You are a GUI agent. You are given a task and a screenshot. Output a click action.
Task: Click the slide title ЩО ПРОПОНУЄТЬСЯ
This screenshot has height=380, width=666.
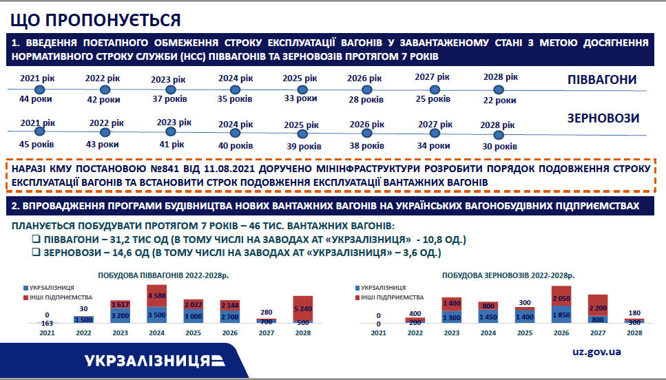click(96, 20)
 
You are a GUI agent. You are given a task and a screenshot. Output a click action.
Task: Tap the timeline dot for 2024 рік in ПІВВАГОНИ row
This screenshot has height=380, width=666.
click(235, 89)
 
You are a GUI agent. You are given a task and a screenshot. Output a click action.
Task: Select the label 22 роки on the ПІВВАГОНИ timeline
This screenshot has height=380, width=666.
click(499, 101)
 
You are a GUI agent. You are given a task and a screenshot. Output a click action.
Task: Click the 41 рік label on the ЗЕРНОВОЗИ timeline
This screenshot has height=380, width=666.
click(171, 145)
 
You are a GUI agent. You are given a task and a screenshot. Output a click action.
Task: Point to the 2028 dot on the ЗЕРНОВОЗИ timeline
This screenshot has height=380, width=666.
click(499, 135)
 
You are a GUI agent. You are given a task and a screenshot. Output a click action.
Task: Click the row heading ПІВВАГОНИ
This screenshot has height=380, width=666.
click(602, 79)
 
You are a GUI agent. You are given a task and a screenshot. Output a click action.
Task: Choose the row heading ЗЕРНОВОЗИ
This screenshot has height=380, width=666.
click(603, 118)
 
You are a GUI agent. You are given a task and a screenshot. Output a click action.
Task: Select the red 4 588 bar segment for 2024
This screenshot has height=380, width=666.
click(157, 296)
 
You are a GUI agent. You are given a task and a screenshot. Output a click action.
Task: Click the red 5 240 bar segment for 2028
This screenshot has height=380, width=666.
click(303, 308)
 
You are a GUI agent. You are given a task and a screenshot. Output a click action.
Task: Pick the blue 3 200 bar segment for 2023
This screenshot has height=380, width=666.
click(121, 315)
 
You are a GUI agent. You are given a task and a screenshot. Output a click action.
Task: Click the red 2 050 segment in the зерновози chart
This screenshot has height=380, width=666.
click(561, 296)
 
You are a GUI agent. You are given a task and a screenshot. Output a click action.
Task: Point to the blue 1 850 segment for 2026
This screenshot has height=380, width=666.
click(561, 315)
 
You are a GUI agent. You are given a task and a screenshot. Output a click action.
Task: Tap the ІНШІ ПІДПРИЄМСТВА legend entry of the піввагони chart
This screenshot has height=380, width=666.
click(58, 297)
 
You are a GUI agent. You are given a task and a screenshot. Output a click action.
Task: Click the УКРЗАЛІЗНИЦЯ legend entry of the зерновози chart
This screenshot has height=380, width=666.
click(381, 288)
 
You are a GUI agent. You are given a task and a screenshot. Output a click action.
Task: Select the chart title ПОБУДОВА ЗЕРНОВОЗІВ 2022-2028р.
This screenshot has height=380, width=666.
click(508, 275)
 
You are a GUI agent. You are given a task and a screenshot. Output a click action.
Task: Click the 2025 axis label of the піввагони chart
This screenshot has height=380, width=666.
click(194, 333)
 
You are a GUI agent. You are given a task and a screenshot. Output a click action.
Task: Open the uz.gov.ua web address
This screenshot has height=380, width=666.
click(596, 352)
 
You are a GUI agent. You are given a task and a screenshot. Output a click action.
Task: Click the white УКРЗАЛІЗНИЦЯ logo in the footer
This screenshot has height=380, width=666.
click(154, 361)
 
